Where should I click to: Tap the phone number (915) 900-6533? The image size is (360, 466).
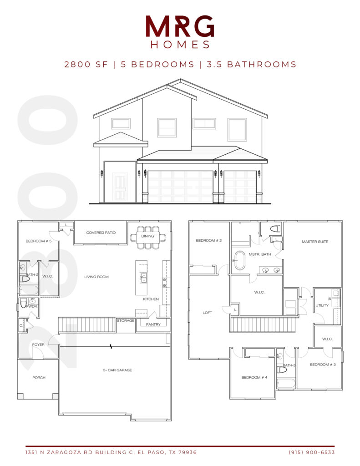[312, 452]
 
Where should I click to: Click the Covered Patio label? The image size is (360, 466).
[101, 233]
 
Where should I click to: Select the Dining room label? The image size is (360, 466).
[147, 236]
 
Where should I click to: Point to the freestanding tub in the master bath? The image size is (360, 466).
[239, 261]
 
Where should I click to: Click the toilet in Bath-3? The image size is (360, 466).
[281, 370]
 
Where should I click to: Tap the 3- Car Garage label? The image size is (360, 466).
[117, 370]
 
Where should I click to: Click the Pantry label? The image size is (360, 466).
[153, 324]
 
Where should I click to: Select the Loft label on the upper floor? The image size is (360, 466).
[207, 313]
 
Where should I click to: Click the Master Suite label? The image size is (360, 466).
[315, 242]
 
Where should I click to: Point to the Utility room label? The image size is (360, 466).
[322, 305]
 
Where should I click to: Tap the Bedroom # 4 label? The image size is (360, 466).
[254, 377]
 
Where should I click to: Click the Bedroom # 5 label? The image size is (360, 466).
[39, 241]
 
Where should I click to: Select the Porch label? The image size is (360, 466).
[39, 378]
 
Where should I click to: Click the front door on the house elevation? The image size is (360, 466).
[120, 187]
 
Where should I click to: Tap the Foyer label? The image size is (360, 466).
[38, 345]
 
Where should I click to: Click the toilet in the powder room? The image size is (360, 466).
[24, 303]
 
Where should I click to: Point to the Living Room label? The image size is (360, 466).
[96, 277]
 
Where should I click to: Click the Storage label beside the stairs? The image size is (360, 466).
[126, 321]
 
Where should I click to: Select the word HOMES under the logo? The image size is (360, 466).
[180, 45]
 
